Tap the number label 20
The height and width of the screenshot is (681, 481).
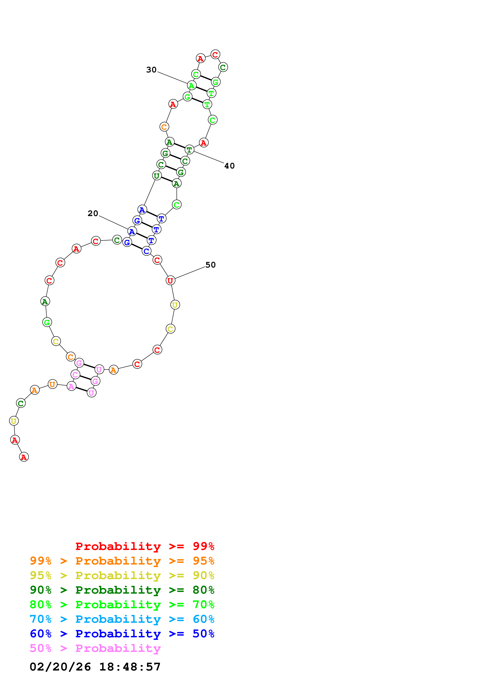(x=93, y=213)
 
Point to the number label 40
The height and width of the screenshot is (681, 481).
(x=229, y=166)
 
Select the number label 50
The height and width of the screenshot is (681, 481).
(x=210, y=265)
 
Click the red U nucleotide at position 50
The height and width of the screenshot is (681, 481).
(x=170, y=280)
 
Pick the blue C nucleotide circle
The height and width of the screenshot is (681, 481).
(x=146, y=251)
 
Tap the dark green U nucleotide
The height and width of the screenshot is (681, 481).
(x=157, y=176)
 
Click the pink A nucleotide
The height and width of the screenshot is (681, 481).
(x=71, y=386)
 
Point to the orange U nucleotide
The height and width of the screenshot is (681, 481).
(x=52, y=384)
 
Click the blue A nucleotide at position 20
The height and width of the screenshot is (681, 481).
(x=132, y=231)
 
